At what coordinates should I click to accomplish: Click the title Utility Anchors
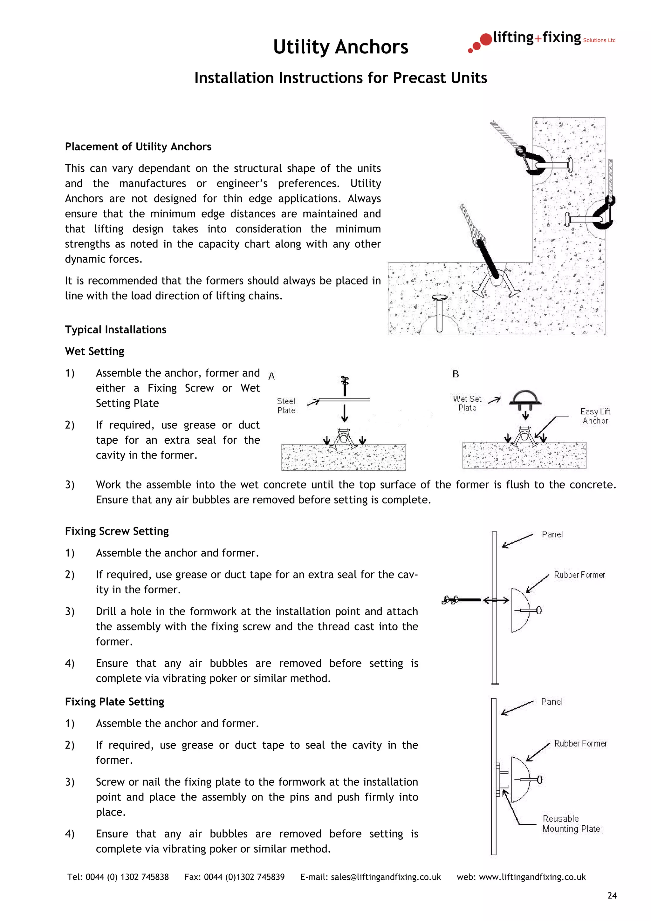(340, 47)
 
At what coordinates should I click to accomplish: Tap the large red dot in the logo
(486, 39)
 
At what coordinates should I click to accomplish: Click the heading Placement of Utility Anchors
(138, 147)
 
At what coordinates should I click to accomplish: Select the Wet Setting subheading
(95, 351)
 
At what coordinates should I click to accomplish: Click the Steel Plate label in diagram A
(286, 406)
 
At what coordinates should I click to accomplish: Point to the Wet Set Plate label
(467, 403)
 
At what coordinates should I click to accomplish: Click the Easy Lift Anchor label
(595, 416)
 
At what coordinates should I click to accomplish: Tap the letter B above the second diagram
(456, 374)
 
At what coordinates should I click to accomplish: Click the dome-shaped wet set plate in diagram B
(525, 398)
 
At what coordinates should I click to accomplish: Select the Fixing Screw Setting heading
(117, 531)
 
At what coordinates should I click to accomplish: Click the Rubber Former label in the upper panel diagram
(579, 575)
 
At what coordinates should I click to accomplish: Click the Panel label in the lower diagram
(552, 702)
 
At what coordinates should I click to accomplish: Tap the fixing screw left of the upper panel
(461, 600)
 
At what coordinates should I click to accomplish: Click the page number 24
(612, 895)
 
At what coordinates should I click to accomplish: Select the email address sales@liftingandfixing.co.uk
(386, 877)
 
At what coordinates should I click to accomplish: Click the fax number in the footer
(244, 877)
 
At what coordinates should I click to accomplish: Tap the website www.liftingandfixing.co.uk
(532, 877)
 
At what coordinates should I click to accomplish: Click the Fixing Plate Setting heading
(115, 702)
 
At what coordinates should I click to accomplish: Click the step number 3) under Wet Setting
(70, 485)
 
